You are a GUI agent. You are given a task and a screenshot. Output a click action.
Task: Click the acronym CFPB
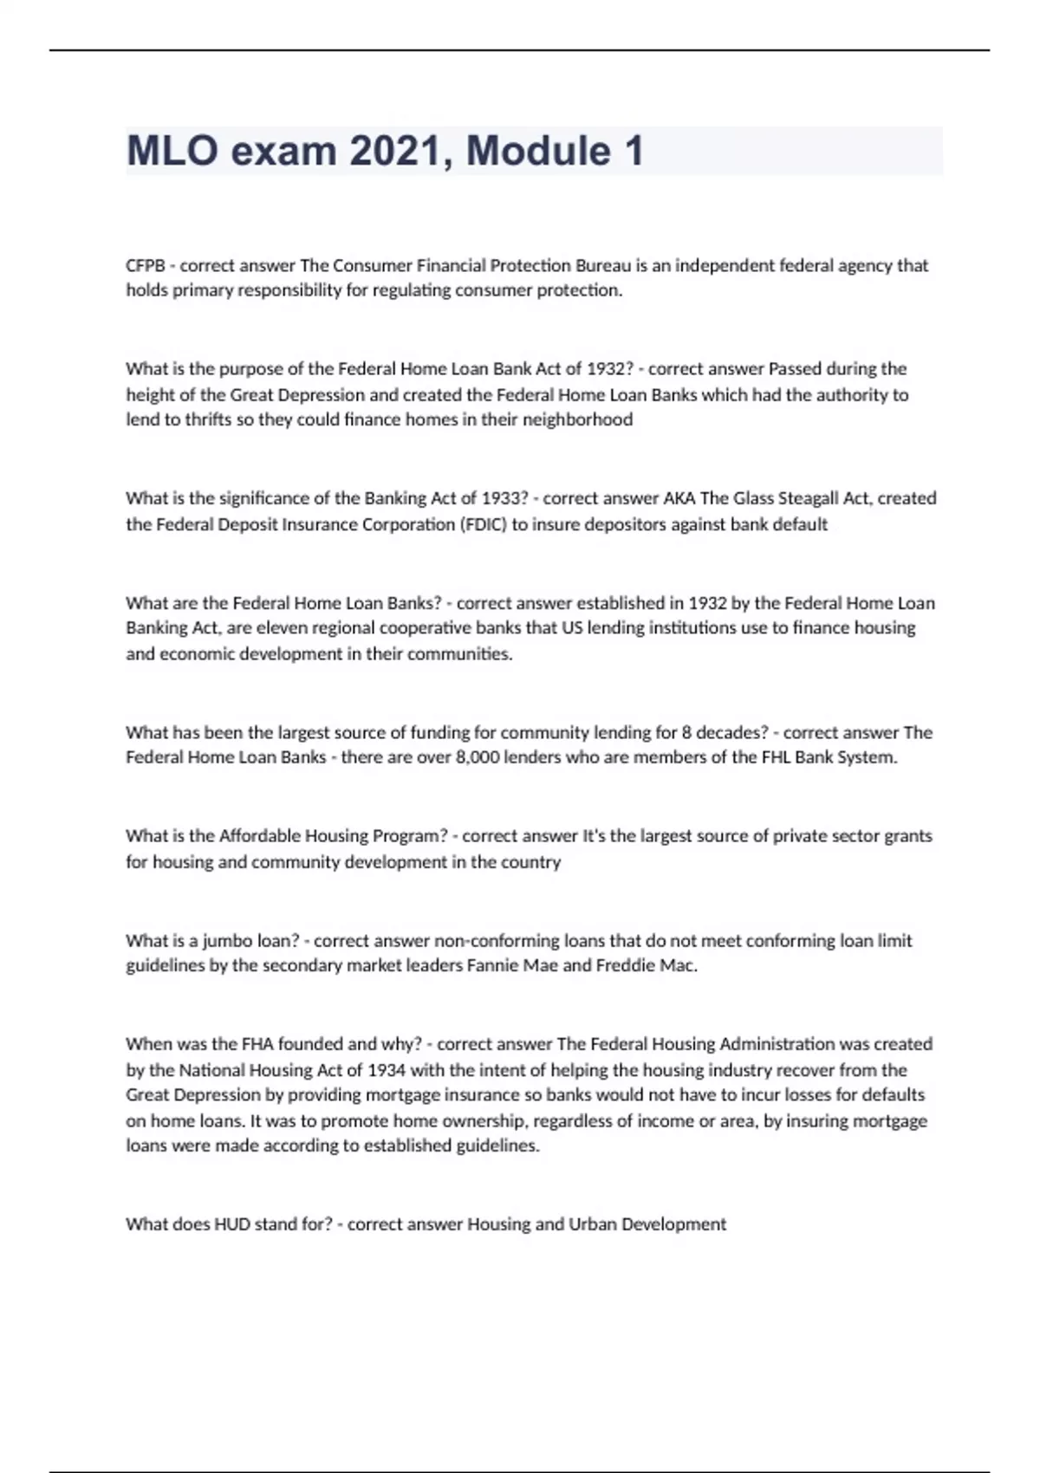145,265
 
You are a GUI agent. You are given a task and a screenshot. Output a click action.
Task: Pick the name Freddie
624,965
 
